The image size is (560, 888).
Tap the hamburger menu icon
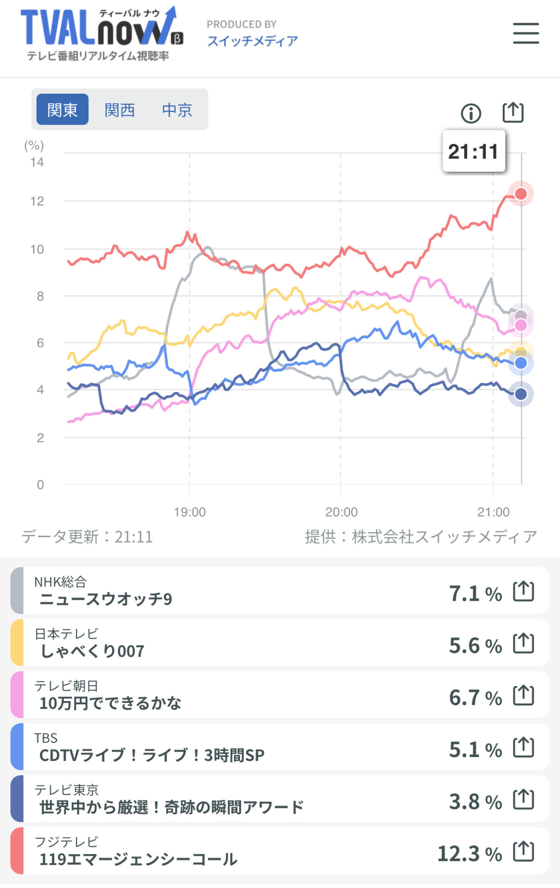526,33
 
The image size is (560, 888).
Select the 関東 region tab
62,110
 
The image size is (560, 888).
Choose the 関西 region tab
120,110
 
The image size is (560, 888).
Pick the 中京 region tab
177,110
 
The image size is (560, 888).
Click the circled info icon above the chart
471,113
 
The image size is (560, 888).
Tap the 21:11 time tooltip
473,151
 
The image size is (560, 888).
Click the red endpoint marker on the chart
521,194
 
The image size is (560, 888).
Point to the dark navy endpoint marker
521,394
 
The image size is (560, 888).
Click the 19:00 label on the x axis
190,512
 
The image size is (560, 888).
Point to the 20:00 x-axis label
341,512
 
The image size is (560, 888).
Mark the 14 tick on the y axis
37,162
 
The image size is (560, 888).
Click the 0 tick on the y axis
40,484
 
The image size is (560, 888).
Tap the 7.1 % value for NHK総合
475,594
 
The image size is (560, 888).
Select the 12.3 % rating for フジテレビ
469,853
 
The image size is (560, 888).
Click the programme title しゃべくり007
92,651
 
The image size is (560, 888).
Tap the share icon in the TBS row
524,748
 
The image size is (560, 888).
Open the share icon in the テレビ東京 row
524,800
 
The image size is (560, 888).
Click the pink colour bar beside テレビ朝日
17,695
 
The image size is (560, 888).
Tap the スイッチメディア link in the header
252,41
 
